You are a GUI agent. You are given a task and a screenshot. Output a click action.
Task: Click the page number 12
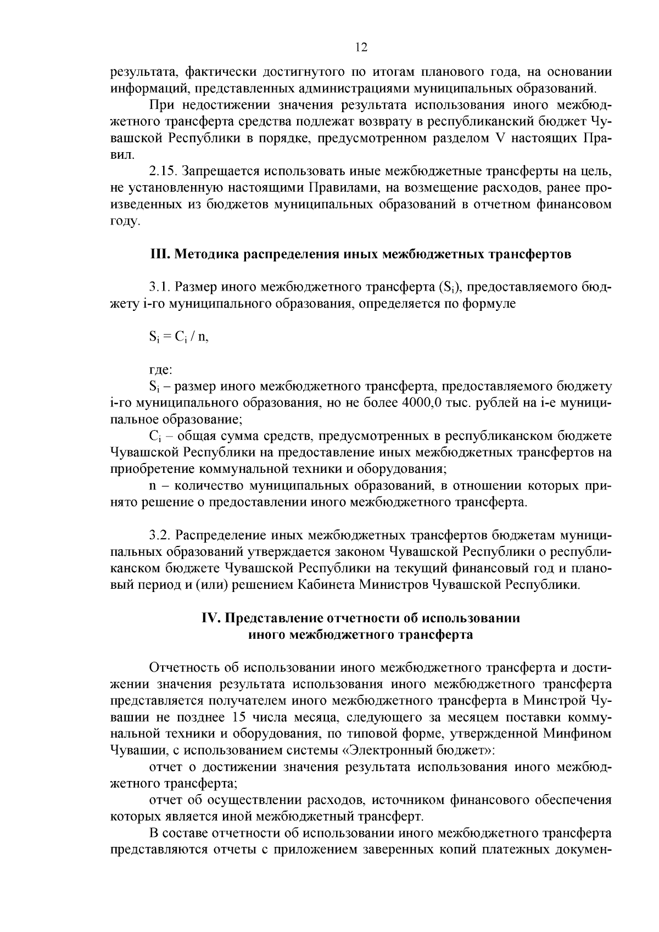tap(361, 47)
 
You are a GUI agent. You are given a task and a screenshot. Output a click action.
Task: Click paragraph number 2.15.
tap(163, 171)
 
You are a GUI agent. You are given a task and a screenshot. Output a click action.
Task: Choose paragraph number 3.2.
tap(161, 535)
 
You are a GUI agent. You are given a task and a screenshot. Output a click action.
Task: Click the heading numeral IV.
tap(211, 617)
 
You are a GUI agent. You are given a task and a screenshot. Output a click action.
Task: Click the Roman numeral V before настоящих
tap(499, 138)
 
